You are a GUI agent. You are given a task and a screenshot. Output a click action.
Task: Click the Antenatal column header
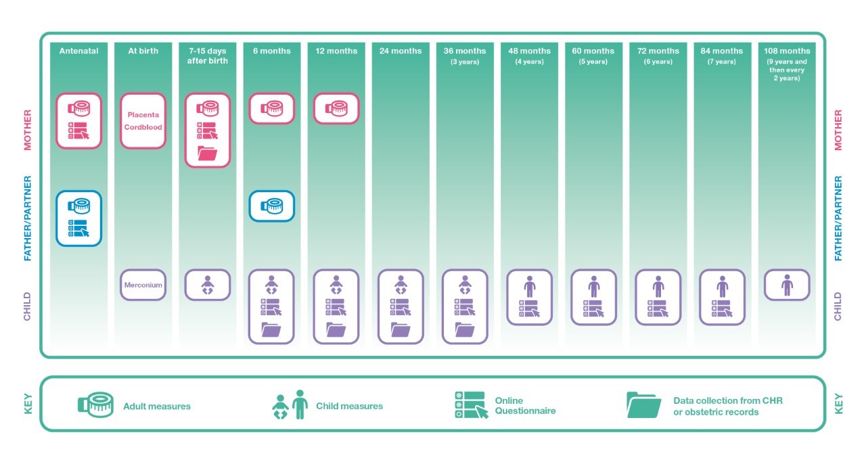tap(78, 51)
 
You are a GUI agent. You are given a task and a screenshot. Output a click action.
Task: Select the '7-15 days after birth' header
tap(208, 55)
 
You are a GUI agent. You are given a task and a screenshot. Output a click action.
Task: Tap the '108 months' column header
tap(787, 51)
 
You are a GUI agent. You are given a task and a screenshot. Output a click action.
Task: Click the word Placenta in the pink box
tap(143, 115)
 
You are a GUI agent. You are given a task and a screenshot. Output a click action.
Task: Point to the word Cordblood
tap(143, 127)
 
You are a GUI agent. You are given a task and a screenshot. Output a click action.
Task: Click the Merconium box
tap(143, 285)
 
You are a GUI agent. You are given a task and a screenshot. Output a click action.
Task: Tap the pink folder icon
tap(208, 153)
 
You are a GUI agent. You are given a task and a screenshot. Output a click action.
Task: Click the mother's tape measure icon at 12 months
tap(336, 109)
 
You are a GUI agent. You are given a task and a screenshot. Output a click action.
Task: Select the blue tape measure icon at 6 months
tap(272, 206)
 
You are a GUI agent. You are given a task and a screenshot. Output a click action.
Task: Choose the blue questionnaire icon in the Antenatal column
tap(78, 229)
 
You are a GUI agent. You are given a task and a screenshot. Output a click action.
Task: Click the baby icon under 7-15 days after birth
tap(208, 285)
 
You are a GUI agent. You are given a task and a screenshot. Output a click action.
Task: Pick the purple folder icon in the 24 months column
tap(401, 329)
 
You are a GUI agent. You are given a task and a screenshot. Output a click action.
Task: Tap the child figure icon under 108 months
tap(787, 285)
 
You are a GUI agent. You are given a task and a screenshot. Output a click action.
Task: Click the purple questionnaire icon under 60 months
tap(593, 308)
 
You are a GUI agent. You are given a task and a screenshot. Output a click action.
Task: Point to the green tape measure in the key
tap(95, 405)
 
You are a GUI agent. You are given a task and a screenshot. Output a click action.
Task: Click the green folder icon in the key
tap(643, 405)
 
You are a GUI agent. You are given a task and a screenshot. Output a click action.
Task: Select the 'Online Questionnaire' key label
tap(525, 406)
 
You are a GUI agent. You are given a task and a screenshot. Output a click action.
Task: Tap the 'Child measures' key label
tap(350, 406)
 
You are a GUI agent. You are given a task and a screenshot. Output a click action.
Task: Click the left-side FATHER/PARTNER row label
tap(28, 218)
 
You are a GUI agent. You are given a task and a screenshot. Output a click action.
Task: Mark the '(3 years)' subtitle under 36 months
tap(465, 62)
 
